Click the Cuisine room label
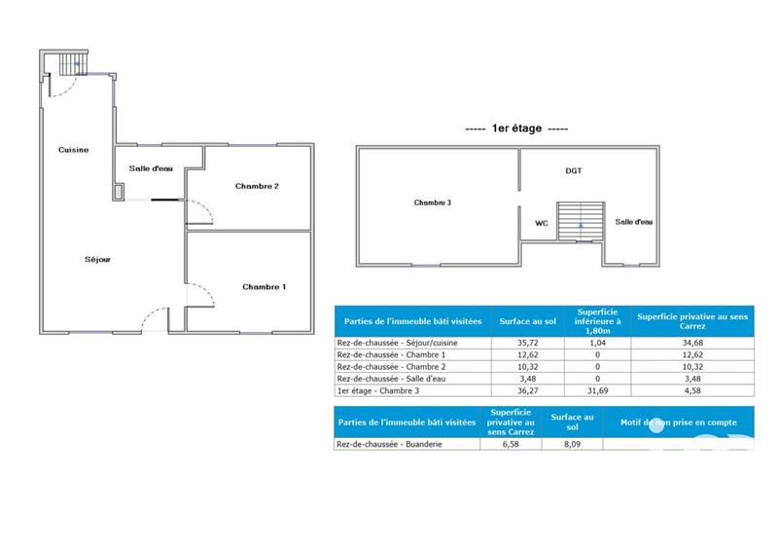(x=74, y=150)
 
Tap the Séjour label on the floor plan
(x=97, y=260)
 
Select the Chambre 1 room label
(x=265, y=286)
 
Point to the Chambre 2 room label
(x=257, y=186)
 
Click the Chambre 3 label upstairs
(x=432, y=202)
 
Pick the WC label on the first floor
(x=542, y=222)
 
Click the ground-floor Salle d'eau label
(x=151, y=168)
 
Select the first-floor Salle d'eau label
(x=633, y=222)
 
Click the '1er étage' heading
(x=516, y=128)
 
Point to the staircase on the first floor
(x=580, y=219)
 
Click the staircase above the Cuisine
(x=70, y=64)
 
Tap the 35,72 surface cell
(x=526, y=344)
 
